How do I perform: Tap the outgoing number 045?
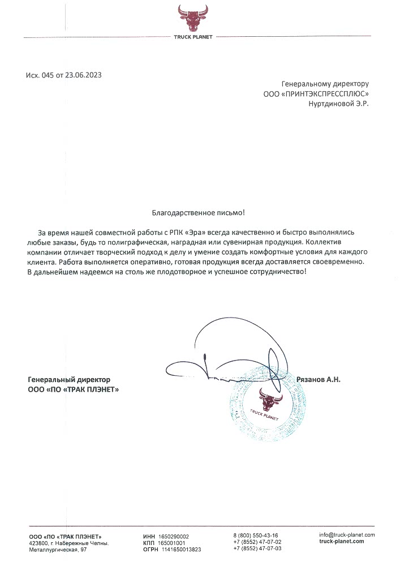(x=48, y=75)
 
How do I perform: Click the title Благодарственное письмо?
(x=199, y=213)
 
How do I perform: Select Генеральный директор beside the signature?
(x=69, y=379)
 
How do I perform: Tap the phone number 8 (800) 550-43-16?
(x=255, y=535)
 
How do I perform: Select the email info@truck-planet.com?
(x=347, y=535)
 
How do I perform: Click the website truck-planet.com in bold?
(x=342, y=542)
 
